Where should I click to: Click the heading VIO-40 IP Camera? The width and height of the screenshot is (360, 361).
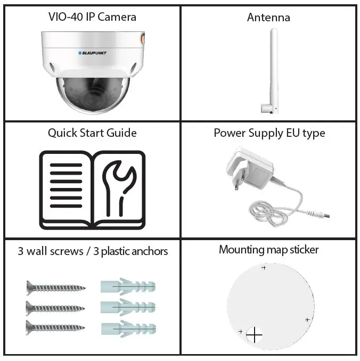tap(92, 17)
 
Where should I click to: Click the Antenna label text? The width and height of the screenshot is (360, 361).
tap(268, 18)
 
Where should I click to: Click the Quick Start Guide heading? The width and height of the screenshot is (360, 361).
tap(92, 133)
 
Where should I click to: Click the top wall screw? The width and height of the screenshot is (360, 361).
tap(55, 288)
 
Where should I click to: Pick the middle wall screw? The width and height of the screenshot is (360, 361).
tap(55, 307)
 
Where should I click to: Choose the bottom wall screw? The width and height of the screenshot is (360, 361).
tap(55, 326)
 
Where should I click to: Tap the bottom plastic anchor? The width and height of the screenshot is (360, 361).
tap(128, 326)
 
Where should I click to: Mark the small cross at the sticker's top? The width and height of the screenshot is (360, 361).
tap(264, 268)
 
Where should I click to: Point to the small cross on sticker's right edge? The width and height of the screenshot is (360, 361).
tap(308, 319)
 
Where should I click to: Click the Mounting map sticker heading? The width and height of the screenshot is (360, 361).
tap(268, 250)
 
